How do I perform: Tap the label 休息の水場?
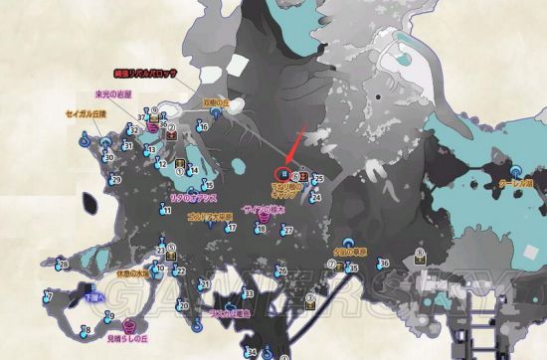pyautogui.click(x=132, y=271)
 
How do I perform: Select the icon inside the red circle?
pyautogui.click(x=283, y=177)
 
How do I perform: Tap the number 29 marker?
pyautogui.click(x=115, y=181)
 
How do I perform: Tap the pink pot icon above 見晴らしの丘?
pyautogui.click(x=128, y=325)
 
